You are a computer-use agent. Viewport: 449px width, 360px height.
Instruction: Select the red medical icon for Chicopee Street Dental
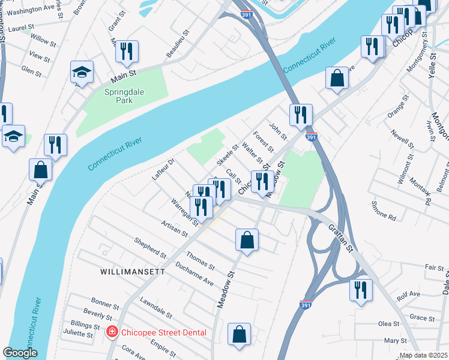point(112,332)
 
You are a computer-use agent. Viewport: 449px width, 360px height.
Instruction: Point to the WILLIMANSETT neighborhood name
point(132,272)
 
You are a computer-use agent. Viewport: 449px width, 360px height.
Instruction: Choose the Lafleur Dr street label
point(163,170)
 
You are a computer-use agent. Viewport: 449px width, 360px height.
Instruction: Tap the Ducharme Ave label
point(194,274)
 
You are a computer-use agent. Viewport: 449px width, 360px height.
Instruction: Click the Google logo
point(20,353)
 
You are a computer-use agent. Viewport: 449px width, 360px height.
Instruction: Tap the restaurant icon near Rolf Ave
point(361,290)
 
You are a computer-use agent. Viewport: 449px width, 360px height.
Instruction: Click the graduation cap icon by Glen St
point(82,73)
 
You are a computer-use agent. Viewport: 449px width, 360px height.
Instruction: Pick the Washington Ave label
point(32,10)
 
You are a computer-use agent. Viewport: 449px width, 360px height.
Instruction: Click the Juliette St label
point(77,334)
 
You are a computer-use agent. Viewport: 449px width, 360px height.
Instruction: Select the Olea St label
point(388,323)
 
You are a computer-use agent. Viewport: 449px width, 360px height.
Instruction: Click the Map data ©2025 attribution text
point(424,355)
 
